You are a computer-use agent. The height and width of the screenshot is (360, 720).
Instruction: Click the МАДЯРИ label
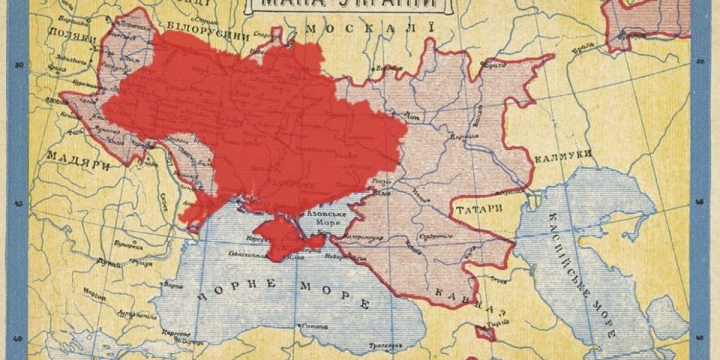tap(70, 156)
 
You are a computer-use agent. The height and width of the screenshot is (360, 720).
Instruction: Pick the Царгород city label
tap(175, 330)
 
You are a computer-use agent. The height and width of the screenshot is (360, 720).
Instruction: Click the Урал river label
tap(577, 52)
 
